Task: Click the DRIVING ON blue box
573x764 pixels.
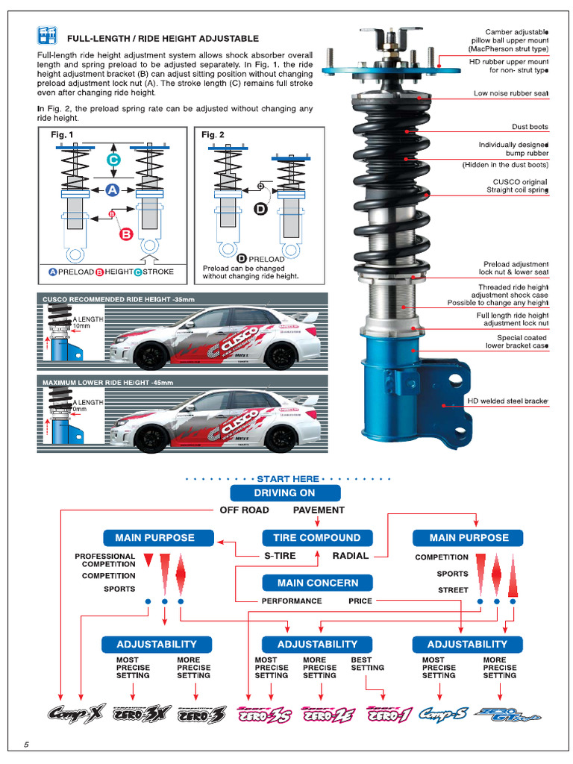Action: [285, 493]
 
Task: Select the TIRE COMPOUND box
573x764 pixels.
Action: [316, 538]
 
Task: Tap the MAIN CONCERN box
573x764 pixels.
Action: [317, 583]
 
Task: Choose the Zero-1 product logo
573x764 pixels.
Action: [389, 715]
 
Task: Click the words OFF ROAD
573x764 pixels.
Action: [244, 510]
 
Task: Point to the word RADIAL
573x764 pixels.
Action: [351, 556]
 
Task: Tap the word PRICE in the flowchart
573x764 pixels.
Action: [360, 601]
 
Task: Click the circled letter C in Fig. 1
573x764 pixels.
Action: [113, 160]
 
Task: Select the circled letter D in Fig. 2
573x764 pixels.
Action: [260, 209]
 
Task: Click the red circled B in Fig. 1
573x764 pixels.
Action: [126, 234]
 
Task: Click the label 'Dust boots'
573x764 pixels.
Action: [530, 127]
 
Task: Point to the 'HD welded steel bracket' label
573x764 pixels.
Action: [507, 401]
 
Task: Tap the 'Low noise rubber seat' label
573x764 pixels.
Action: [510, 94]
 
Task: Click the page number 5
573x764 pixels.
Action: [26, 745]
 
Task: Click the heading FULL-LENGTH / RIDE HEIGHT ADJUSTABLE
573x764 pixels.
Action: [163, 38]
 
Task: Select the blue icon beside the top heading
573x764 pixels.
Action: [47, 36]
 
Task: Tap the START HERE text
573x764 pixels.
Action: [287, 479]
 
